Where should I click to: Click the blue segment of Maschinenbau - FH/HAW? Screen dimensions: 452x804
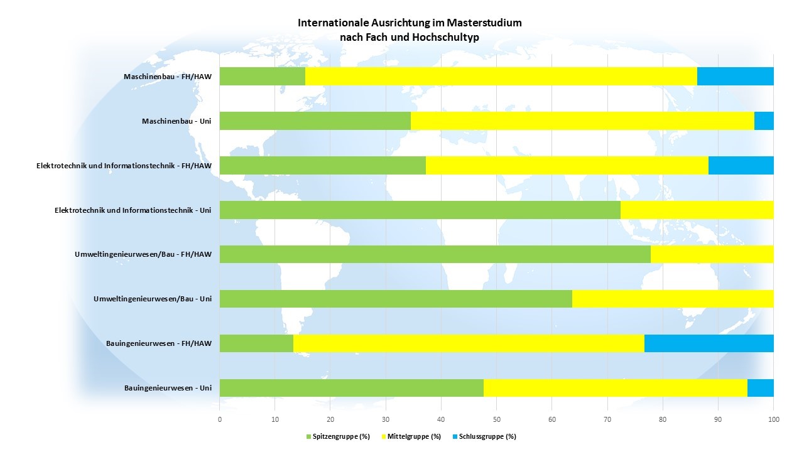(x=735, y=76)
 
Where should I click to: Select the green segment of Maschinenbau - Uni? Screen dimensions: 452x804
(x=315, y=121)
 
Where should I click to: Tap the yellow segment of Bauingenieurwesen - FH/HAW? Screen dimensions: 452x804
(x=469, y=343)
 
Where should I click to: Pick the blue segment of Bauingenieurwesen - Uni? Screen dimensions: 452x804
(x=760, y=388)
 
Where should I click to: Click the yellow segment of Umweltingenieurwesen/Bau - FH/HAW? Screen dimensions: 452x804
(x=712, y=254)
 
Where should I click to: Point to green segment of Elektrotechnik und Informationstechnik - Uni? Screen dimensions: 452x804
(x=420, y=210)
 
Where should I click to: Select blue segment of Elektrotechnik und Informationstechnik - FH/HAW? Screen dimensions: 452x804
(x=741, y=165)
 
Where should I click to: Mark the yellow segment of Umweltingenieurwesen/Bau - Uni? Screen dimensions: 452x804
(x=673, y=299)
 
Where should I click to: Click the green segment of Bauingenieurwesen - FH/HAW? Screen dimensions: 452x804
(x=256, y=343)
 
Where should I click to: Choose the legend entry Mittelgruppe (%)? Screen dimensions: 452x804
(x=411, y=436)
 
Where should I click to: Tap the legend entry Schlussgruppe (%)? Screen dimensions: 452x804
(x=483, y=436)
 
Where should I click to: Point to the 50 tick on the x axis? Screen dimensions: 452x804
(x=496, y=419)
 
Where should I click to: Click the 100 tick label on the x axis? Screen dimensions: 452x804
(x=773, y=419)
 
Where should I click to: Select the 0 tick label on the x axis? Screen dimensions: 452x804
(x=220, y=419)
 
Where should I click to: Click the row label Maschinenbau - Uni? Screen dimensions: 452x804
(x=177, y=121)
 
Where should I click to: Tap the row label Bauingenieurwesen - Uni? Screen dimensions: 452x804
(x=168, y=388)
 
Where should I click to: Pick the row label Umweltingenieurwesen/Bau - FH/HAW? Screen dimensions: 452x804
(x=143, y=254)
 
